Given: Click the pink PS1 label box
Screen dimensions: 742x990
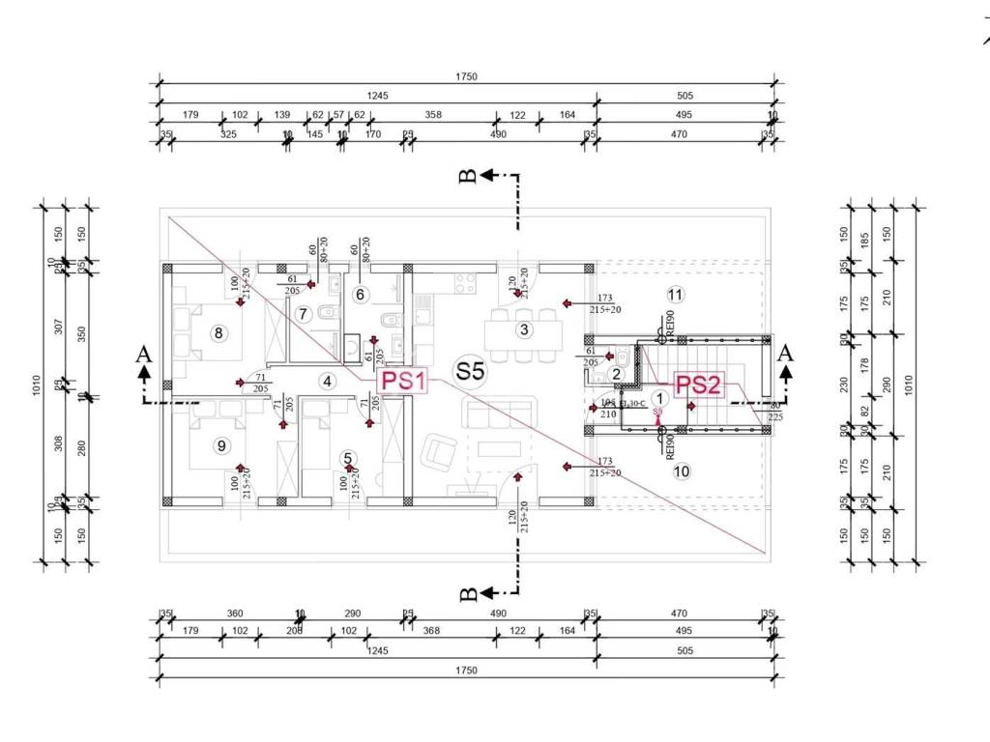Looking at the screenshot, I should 403,381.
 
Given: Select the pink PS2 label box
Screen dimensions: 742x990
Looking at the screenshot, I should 698,385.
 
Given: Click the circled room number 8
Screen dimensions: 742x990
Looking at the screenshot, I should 218,334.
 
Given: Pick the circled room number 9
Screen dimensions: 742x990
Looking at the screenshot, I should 221,445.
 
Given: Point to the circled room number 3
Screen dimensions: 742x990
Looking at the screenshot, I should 524,329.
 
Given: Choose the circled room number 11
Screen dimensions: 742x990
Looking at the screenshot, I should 675,294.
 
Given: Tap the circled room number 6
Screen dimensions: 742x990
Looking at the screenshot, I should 360,294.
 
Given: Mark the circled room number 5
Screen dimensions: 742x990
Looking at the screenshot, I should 348,458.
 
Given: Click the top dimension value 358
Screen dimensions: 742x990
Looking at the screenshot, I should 433,115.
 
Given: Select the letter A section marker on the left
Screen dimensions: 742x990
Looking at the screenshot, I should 144,356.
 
